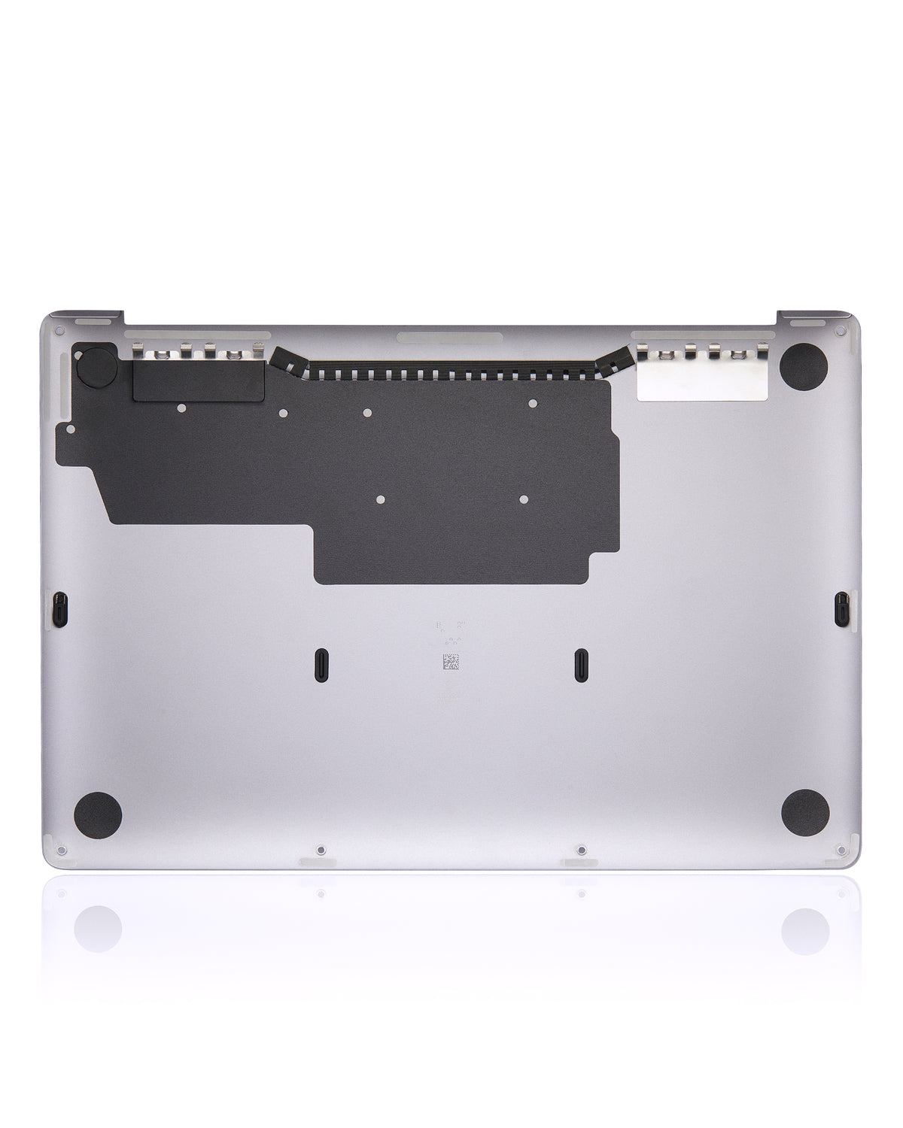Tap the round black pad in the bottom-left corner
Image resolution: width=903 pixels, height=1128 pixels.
click(98, 814)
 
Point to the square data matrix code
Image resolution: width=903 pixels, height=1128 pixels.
click(450, 663)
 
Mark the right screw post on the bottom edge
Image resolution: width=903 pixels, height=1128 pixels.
click(580, 851)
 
